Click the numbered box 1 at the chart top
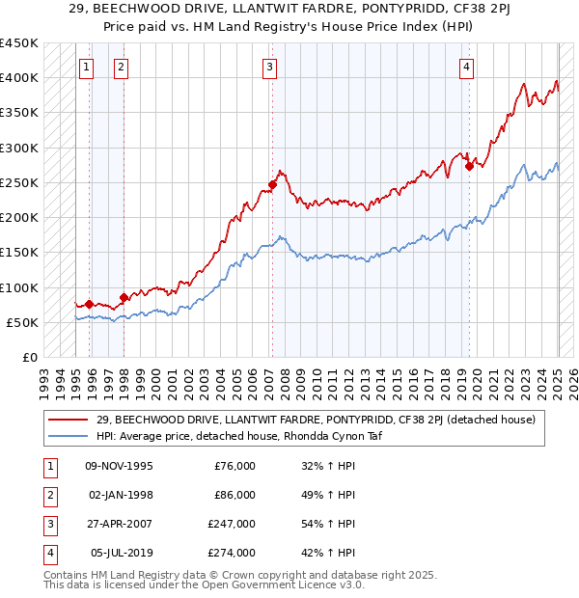pyautogui.click(x=87, y=67)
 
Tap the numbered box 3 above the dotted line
pyautogui.click(x=269, y=67)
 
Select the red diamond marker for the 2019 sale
pyautogui.click(x=469, y=166)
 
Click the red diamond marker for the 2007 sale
pyautogui.click(x=273, y=184)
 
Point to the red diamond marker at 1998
pyautogui.click(x=124, y=297)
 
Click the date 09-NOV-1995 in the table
pyautogui.click(x=119, y=466)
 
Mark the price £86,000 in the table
pyautogui.click(x=234, y=495)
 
